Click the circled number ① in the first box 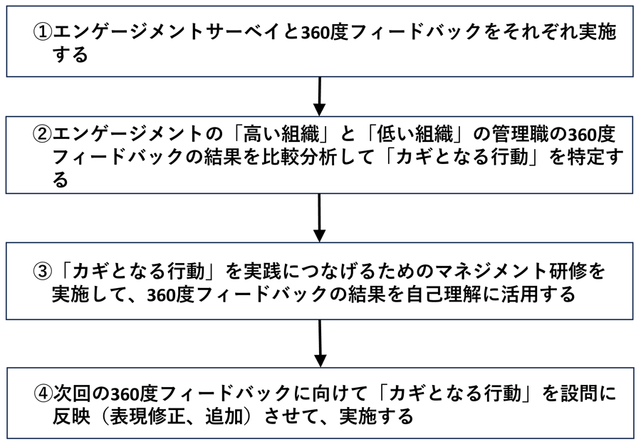coord(43,31)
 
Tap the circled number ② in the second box coord(43,134)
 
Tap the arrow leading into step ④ coord(320,343)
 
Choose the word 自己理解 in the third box coord(464,294)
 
